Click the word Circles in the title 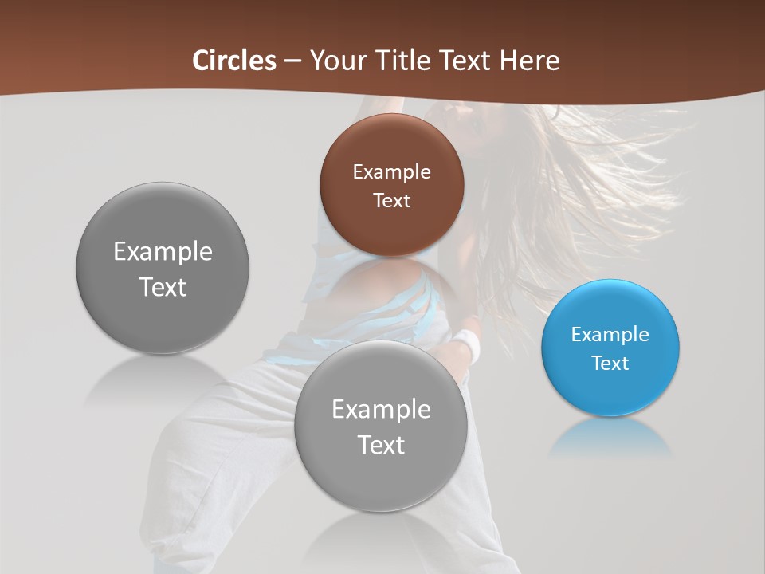click(x=234, y=61)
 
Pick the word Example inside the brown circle click(x=391, y=172)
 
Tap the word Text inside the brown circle click(x=391, y=201)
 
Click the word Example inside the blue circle click(x=610, y=335)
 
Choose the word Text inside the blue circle click(x=610, y=364)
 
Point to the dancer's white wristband click(x=466, y=346)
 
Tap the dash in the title click(x=292, y=61)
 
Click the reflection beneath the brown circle click(x=391, y=275)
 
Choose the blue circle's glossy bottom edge click(x=610, y=408)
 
